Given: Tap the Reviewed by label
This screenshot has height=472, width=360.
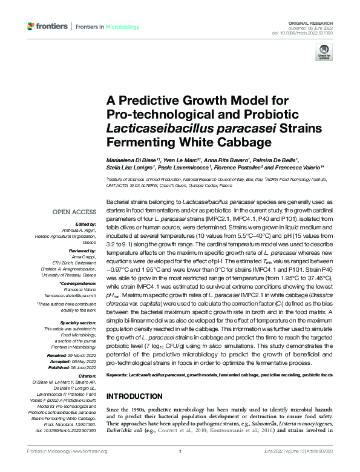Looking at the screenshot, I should pyautogui.click(x=83, y=249).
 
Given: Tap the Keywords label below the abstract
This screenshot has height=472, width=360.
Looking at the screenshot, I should pyautogui.click(x=117, y=375).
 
